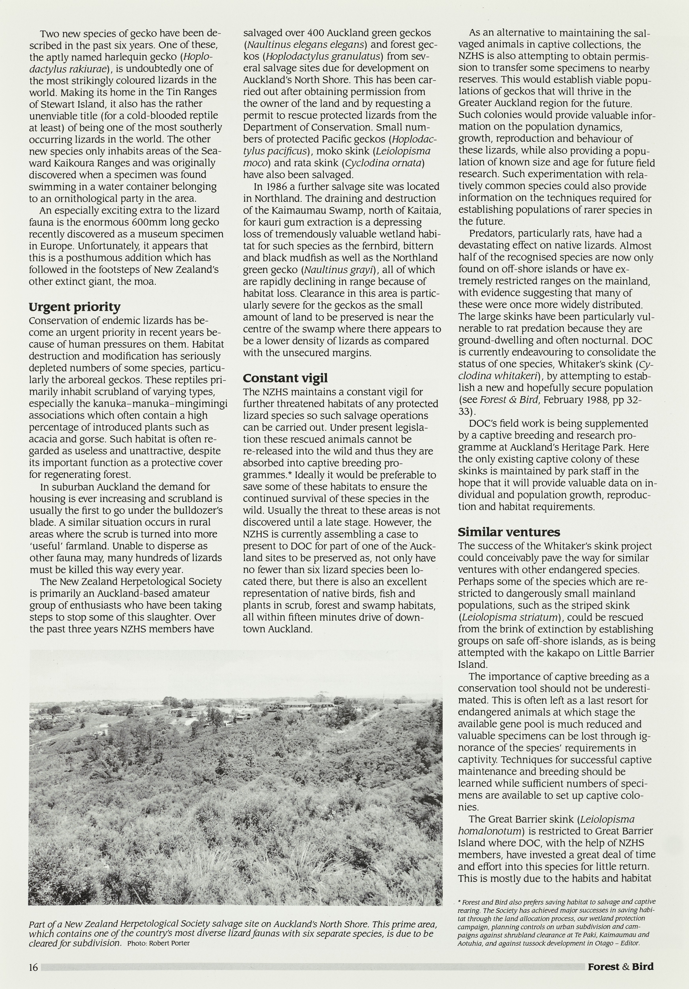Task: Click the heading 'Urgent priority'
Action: click(x=75, y=307)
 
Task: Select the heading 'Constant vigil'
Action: click(x=285, y=378)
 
